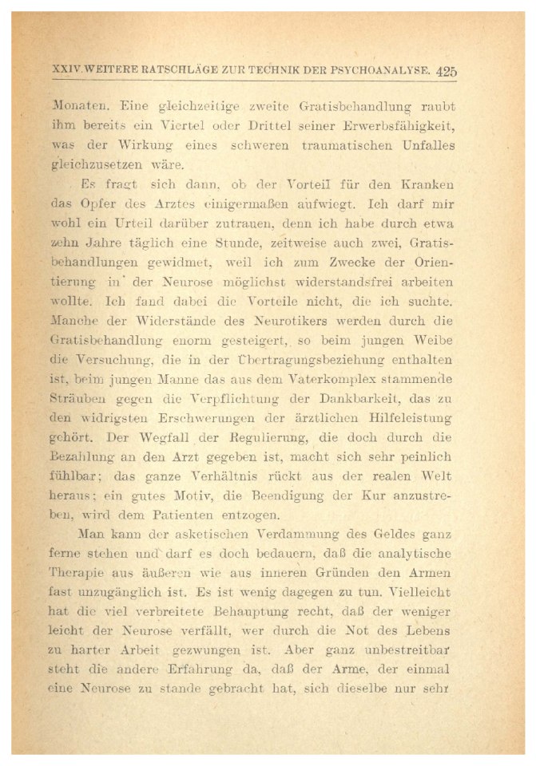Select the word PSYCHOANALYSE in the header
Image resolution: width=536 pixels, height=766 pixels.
[x=382, y=71]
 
